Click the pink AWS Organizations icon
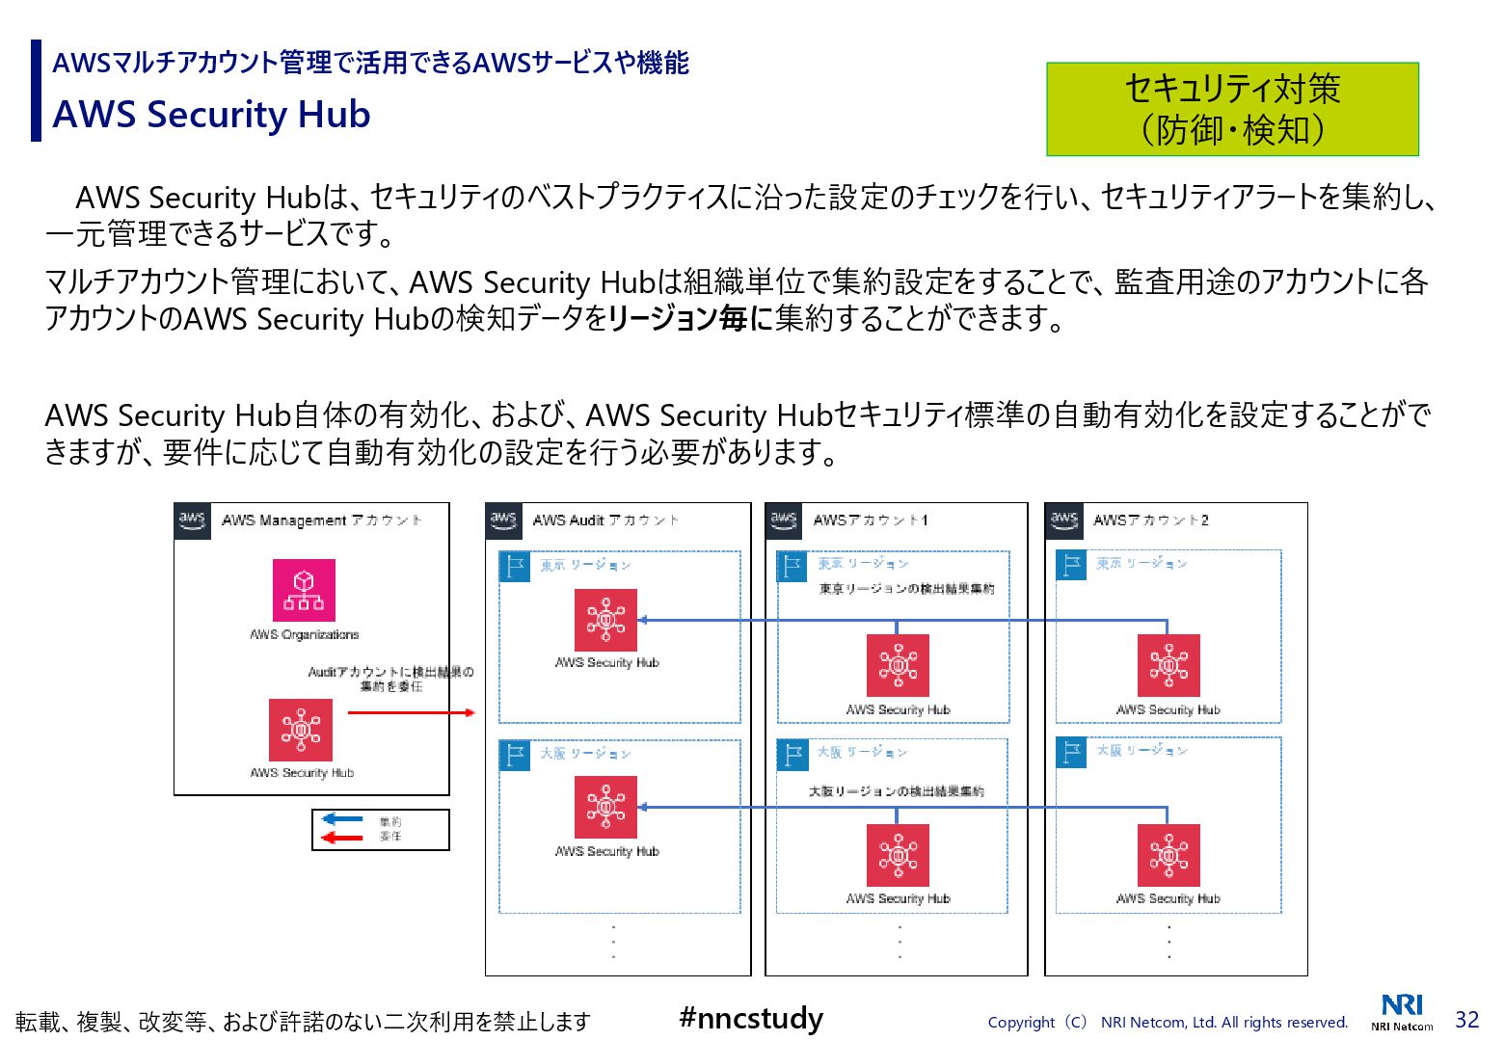click(x=304, y=590)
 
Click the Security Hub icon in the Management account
click(x=301, y=730)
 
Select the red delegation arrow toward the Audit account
click(x=411, y=712)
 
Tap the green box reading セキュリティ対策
click(x=1232, y=109)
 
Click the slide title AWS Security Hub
click(x=211, y=115)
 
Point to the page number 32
click(x=1466, y=1019)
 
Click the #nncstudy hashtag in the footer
click(x=751, y=1018)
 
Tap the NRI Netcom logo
click(x=1402, y=1011)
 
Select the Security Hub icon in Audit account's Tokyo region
click(x=605, y=620)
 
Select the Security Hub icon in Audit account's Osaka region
click(x=605, y=808)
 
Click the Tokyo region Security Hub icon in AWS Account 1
click(x=898, y=665)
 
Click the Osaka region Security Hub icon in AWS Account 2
click(x=1168, y=855)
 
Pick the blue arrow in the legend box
click(x=341, y=819)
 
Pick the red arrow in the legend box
click(x=341, y=837)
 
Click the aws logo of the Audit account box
click(x=503, y=520)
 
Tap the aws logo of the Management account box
click(x=192, y=520)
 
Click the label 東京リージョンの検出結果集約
click(x=906, y=589)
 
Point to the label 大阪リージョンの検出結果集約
click(x=897, y=791)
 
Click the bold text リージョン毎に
click(x=690, y=318)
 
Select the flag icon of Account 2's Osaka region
click(x=1071, y=752)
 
